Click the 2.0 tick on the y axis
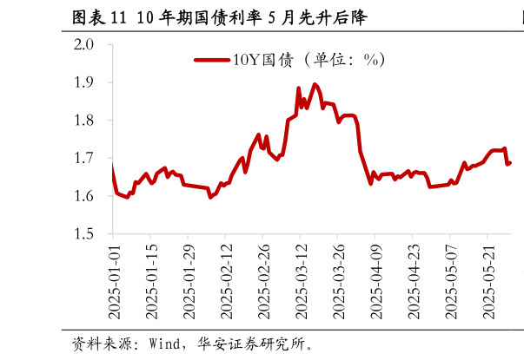click(x=93, y=44)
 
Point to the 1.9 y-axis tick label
click(x=93, y=82)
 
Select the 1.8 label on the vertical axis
click(x=93, y=121)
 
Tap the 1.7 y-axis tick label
click(x=93, y=159)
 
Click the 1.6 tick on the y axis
click(x=93, y=197)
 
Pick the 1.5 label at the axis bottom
click(x=93, y=234)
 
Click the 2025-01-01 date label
click(x=113, y=281)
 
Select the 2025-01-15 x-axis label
click(x=150, y=281)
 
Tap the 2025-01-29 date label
click(x=188, y=281)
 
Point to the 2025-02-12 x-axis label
click(x=225, y=281)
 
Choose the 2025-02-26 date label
click(x=262, y=281)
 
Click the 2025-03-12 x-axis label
click(x=301, y=281)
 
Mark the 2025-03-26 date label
click(x=338, y=281)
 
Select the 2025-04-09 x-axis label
click(x=375, y=281)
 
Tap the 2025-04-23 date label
click(x=413, y=281)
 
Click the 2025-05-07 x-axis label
click(x=450, y=281)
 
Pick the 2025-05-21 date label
click(x=488, y=281)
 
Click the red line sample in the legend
click(x=211, y=60)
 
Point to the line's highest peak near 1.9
click(x=315, y=85)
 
